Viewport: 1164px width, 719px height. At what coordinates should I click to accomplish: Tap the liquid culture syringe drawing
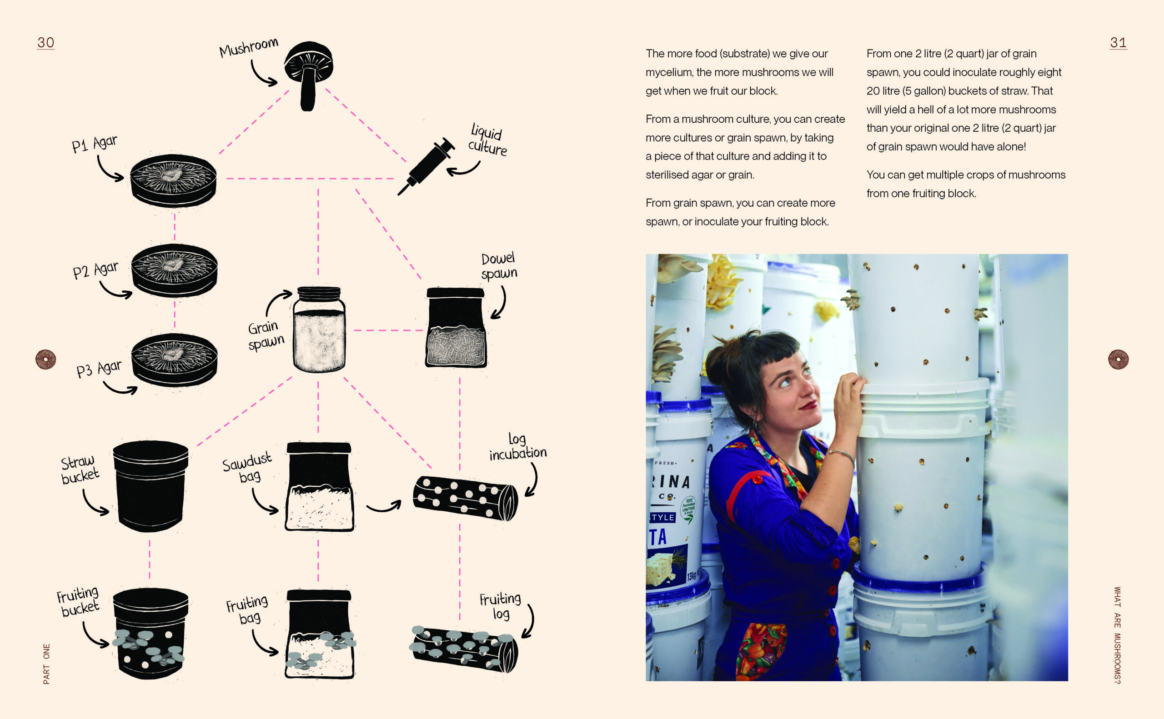tap(426, 166)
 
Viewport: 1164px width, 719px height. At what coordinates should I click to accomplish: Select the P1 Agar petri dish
tap(173, 180)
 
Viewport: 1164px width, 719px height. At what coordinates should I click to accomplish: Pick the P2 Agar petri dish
tap(174, 270)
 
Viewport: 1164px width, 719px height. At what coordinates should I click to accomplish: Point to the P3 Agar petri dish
tap(174, 359)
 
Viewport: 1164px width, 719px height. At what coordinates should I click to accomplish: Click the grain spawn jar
tap(319, 329)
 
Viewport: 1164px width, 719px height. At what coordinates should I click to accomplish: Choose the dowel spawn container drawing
tap(456, 328)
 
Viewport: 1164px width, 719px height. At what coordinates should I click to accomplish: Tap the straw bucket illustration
tap(151, 486)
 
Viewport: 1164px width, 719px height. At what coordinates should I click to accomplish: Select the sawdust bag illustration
tap(319, 486)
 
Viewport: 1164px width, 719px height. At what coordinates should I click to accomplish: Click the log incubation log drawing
tap(465, 498)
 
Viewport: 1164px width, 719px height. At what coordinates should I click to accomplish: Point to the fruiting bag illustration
tap(320, 634)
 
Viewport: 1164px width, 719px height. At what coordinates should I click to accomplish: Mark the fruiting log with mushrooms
tap(463, 649)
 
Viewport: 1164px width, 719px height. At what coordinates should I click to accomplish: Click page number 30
tap(45, 43)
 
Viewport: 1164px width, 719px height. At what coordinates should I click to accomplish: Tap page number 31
tap(1118, 43)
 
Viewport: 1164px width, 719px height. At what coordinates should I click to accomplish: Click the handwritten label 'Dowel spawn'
tap(498, 266)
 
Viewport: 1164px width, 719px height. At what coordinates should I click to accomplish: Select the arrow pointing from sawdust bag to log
tap(383, 507)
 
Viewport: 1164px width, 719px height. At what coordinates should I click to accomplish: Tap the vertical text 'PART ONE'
tap(46, 664)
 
